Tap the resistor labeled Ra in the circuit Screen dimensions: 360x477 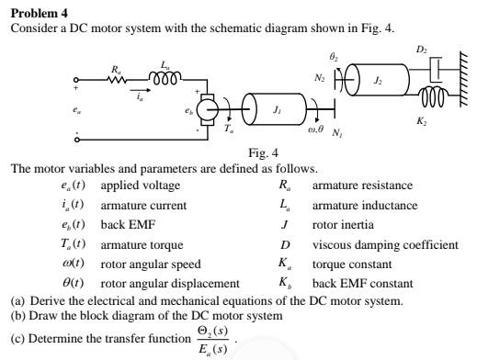coord(116,80)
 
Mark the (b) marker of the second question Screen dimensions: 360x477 coord(17,316)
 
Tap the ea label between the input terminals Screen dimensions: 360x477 coord(76,110)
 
